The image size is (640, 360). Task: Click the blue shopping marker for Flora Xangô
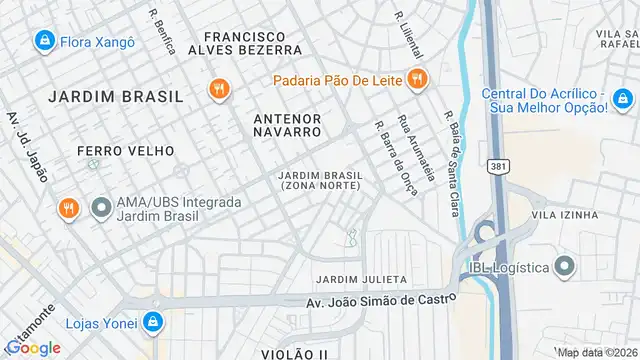click(44, 41)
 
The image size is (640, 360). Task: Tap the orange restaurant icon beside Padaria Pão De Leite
click(418, 78)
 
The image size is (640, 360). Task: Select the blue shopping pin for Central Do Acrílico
click(623, 99)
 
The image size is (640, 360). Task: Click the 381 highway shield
click(497, 165)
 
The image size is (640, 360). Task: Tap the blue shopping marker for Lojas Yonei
click(153, 322)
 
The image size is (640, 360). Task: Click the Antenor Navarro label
click(288, 124)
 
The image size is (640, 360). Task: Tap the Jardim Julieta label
click(361, 278)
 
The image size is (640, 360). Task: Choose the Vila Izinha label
click(565, 214)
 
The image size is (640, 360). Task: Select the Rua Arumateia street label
click(417, 147)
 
